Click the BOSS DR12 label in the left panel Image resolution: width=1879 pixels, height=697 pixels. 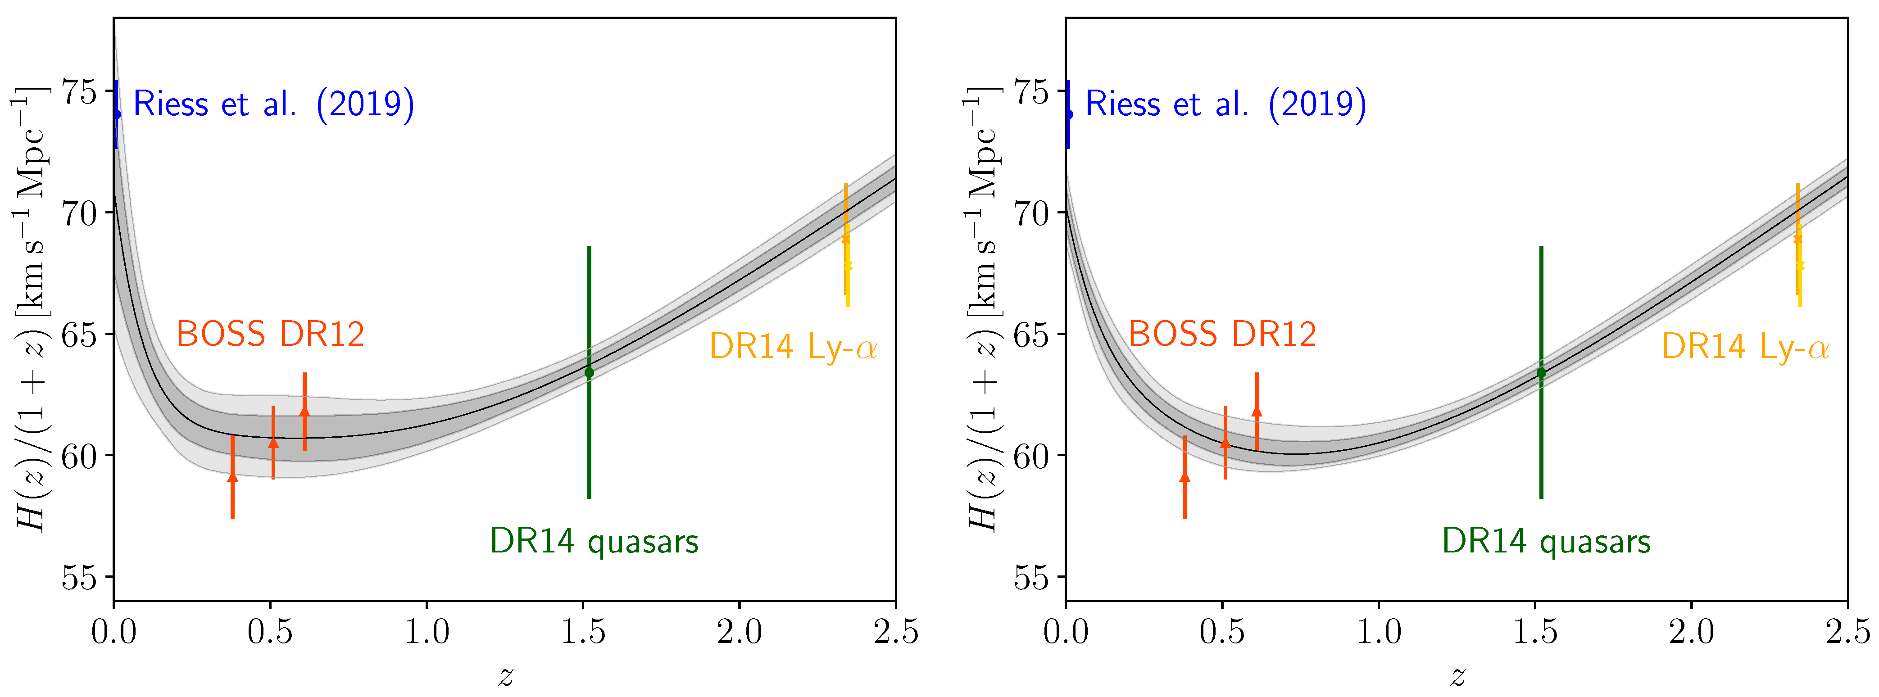[x=270, y=335]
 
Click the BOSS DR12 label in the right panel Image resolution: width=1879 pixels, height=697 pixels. [x=1222, y=335]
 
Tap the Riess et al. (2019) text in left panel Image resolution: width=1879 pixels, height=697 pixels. [x=273, y=104]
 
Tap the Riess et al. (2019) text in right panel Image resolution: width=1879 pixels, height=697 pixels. [x=1225, y=104]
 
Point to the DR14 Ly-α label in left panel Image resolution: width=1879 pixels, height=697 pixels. [x=793, y=347]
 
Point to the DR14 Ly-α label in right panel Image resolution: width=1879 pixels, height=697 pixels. [x=1745, y=347]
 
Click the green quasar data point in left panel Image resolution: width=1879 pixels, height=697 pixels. [x=590, y=372]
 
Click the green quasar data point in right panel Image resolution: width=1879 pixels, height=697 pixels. [x=1541, y=372]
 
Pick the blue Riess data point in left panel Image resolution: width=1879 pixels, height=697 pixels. [x=117, y=114]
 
